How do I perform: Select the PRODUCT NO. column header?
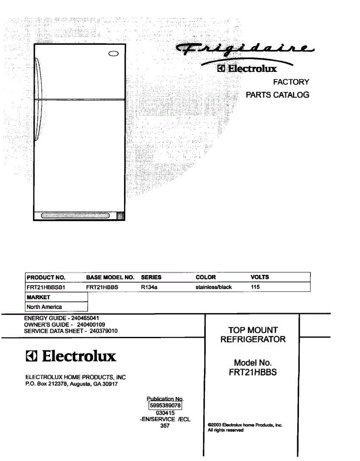(46, 277)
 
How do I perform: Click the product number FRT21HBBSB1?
(47, 287)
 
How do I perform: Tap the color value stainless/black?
(214, 287)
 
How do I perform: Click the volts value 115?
(255, 287)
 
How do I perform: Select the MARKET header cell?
(38, 297)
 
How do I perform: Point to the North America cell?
(44, 307)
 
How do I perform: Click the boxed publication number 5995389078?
(165, 405)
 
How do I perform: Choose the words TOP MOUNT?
(253, 330)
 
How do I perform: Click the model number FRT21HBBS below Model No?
(253, 372)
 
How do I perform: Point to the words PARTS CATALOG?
(277, 95)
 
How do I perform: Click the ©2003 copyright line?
(245, 425)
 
